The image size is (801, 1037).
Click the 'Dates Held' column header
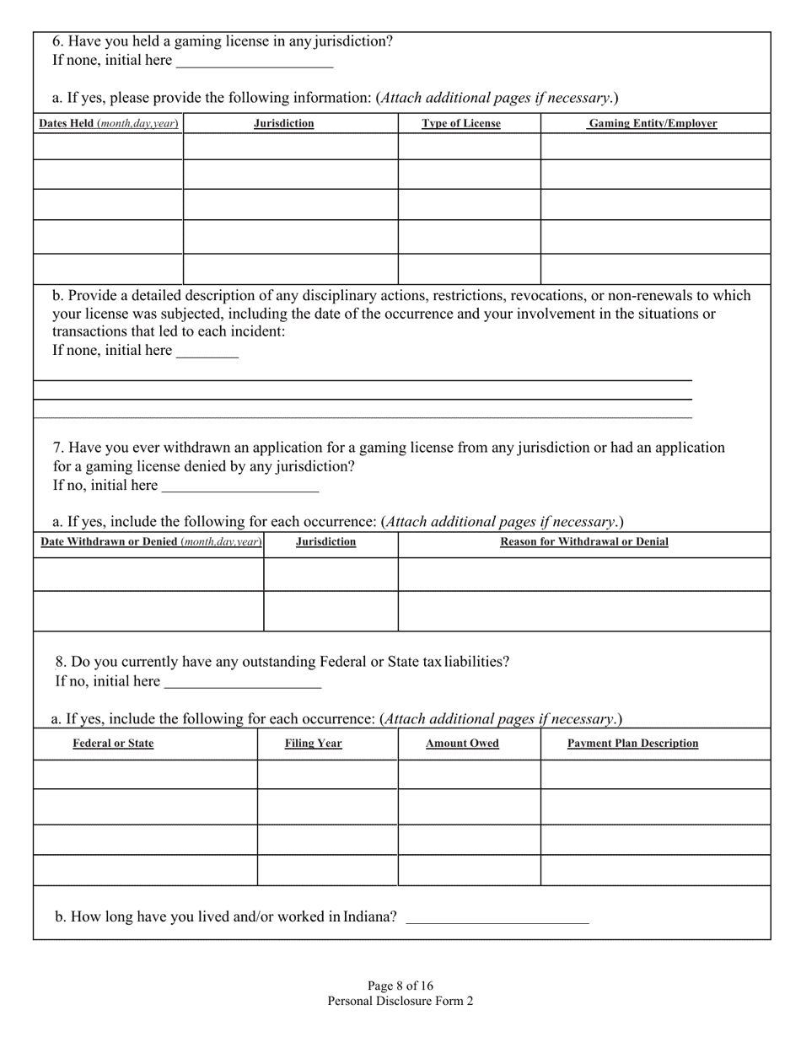109,124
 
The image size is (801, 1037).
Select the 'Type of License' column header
461,124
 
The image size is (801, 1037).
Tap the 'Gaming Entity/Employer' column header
653,124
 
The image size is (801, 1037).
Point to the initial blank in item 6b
207,352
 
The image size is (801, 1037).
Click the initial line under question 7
239,486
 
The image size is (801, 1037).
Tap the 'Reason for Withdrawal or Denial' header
584,542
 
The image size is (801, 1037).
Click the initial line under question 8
243,683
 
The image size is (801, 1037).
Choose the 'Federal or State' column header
114,744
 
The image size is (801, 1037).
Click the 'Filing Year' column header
313,744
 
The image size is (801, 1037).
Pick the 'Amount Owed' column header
462,744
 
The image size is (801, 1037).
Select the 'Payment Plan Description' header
632,744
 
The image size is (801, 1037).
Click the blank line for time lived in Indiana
497,918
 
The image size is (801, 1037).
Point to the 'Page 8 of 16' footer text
400,986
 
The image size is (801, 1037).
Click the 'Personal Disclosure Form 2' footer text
400,1001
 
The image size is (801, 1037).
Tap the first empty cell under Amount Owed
469,774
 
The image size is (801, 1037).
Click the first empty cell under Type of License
469,146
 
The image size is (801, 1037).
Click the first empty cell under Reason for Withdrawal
584,574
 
